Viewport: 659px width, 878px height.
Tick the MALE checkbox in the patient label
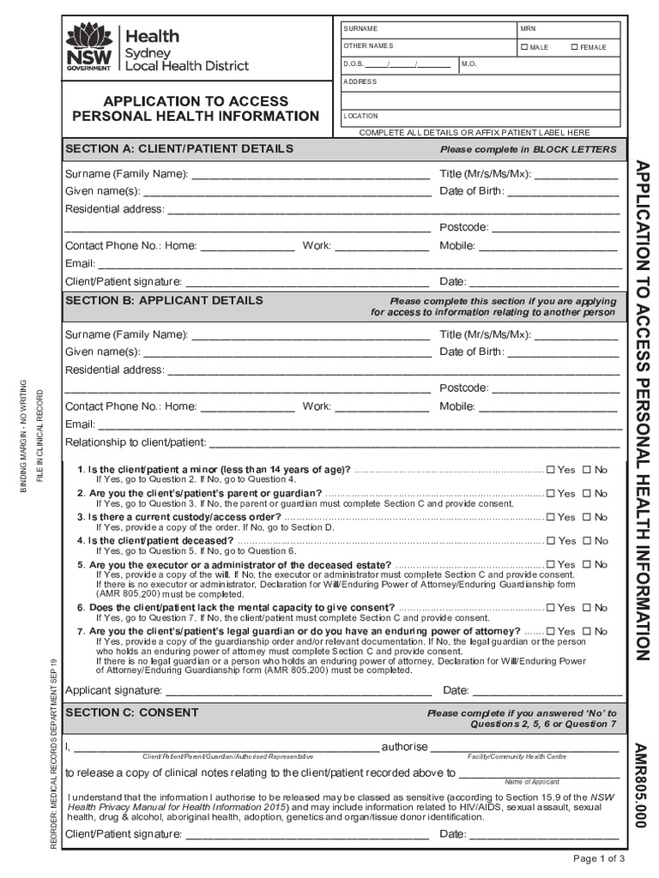coord(525,47)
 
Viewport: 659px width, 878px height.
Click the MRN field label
coord(528,29)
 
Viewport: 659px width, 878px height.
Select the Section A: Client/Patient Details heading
coord(179,148)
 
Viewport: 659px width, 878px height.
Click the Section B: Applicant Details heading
coord(164,301)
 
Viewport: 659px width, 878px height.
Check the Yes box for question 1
coord(552,470)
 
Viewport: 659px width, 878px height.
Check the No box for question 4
coord(588,541)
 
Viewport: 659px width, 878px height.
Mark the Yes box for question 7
coord(552,631)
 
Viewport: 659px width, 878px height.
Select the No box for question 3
coord(588,517)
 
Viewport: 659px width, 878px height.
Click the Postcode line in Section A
coord(554,227)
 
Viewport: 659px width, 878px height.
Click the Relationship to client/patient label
coord(136,442)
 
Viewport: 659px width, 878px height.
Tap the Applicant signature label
coord(113,690)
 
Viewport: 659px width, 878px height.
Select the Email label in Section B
coord(80,424)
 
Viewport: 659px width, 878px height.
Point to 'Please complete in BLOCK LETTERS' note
coord(528,149)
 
